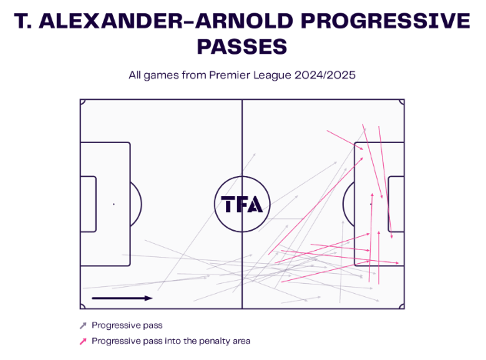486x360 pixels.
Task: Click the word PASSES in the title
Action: click(242, 47)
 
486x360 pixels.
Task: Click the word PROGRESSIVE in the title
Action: click(385, 21)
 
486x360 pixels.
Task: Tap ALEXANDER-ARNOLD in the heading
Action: click(166, 21)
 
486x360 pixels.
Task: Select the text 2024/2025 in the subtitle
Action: click(325, 75)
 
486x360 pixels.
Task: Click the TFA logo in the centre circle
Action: click(242, 204)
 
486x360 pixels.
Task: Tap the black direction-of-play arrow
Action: click(122, 298)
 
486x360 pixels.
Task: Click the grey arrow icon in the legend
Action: click(83, 325)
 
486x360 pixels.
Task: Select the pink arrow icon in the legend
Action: click(83, 342)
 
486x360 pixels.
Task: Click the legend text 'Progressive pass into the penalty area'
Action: click(171, 341)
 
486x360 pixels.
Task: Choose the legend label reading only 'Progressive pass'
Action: click(127, 325)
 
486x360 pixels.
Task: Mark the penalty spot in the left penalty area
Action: click(114, 204)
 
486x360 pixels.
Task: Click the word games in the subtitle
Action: click(161, 75)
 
